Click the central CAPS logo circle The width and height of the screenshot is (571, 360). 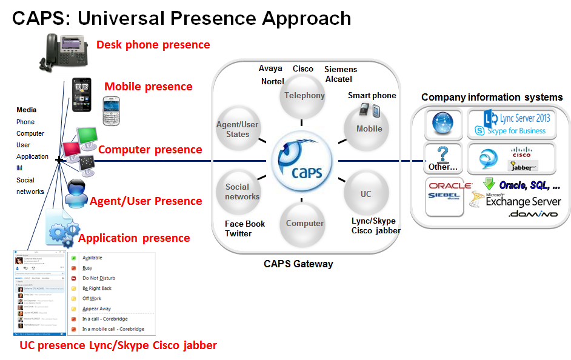tap(301, 161)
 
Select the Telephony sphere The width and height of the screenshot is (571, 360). tap(304, 95)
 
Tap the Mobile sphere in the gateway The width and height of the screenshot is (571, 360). tap(369, 128)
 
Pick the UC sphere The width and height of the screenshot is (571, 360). tap(366, 194)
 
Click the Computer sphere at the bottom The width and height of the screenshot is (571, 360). tap(304, 223)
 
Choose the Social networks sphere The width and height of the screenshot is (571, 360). tap(242, 192)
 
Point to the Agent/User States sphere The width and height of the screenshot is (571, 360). tap(238, 129)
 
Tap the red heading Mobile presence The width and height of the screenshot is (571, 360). tap(149, 87)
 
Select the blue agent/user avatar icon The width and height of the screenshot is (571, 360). tap(77, 193)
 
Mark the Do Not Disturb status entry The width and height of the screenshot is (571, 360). tap(99, 278)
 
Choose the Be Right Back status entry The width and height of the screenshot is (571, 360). tap(97, 288)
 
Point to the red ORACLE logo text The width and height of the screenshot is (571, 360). tap(450, 186)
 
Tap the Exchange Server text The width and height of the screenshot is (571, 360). tap(523, 202)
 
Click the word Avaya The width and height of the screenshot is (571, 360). tap(270, 68)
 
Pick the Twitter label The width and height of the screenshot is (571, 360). tap(238, 233)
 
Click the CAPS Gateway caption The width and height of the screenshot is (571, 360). tap(298, 264)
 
